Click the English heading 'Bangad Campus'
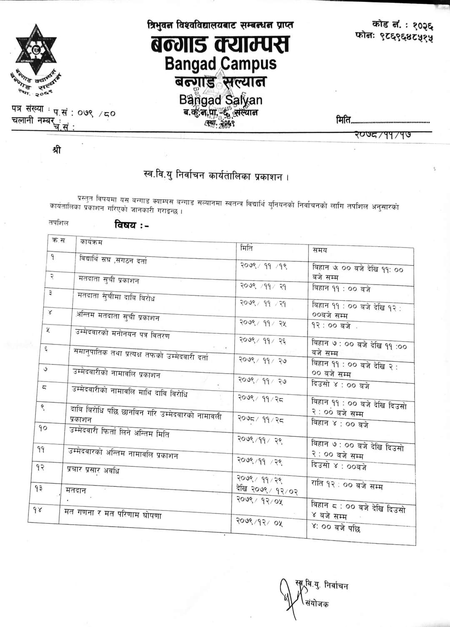pos(220,64)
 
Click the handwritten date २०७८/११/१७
pos(384,134)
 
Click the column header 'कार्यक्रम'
pos(91,242)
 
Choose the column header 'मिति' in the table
pos(247,248)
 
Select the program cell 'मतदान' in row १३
pos(76,491)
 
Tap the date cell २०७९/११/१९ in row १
pos(263,265)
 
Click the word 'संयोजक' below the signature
pos(317,603)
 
